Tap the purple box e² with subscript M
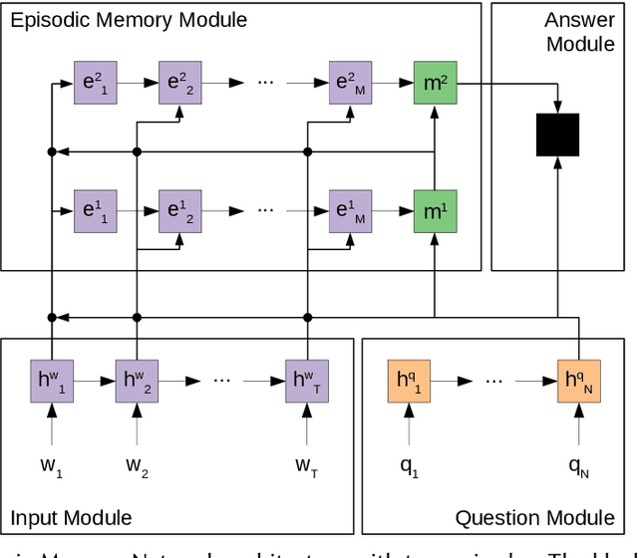349,83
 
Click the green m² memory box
435,83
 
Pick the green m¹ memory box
435,211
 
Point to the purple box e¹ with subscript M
349,211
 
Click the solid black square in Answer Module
557,134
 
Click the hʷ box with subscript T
306,382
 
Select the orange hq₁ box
408,382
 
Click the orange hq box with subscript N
579,382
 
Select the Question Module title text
534,517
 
